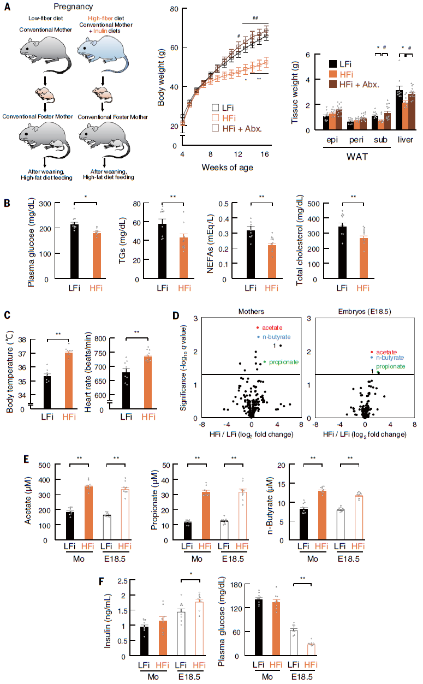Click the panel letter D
pos(175,316)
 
